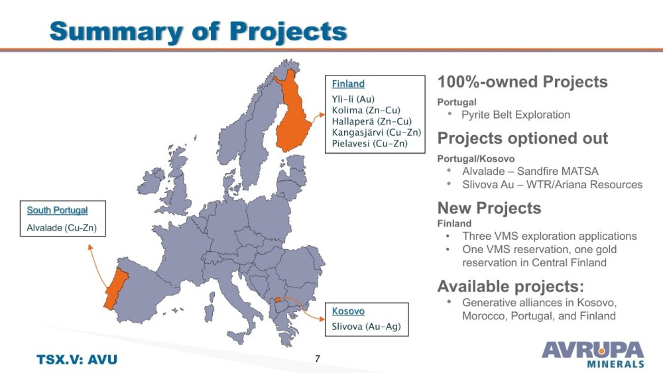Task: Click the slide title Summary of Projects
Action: coord(198,31)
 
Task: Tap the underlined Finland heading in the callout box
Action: coord(348,83)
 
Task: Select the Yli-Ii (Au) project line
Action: coord(353,99)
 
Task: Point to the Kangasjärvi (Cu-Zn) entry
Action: coord(377,133)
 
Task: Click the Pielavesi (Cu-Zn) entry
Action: coord(369,143)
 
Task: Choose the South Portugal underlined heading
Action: coord(57,210)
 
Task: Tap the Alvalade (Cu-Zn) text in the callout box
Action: coord(62,228)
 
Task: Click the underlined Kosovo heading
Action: coord(348,311)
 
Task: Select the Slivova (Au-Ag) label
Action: coord(366,326)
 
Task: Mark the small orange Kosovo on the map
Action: coord(277,300)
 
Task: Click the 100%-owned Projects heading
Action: coord(522,82)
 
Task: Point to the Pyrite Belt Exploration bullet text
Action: coord(516,115)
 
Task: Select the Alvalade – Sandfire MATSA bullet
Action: coord(530,171)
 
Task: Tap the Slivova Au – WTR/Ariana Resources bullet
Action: coord(552,185)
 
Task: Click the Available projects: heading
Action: coord(511,286)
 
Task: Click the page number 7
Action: coord(318,358)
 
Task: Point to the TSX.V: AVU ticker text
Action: coord(77,360)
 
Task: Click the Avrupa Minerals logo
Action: coord(593,354)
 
